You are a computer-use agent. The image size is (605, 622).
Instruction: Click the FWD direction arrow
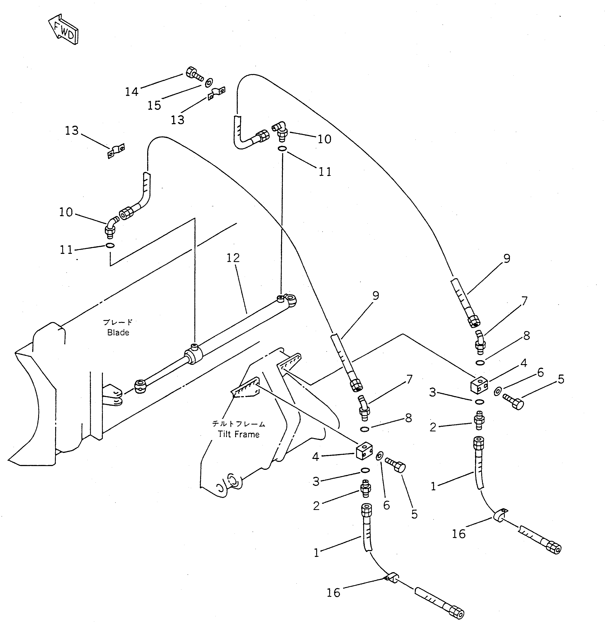coord(64,29)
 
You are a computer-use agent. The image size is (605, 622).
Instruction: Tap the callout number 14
coord(132,92)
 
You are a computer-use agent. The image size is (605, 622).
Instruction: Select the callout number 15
coord(154,105)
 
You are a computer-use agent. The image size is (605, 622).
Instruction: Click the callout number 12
coord(233,258)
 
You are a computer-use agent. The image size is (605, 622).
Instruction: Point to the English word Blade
coord(118,333)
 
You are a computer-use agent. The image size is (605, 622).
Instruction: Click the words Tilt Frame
coord(239,434)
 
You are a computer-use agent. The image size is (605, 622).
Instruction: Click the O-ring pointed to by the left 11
coord(110,245)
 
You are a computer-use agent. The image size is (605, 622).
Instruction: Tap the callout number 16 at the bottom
coord(333,593)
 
